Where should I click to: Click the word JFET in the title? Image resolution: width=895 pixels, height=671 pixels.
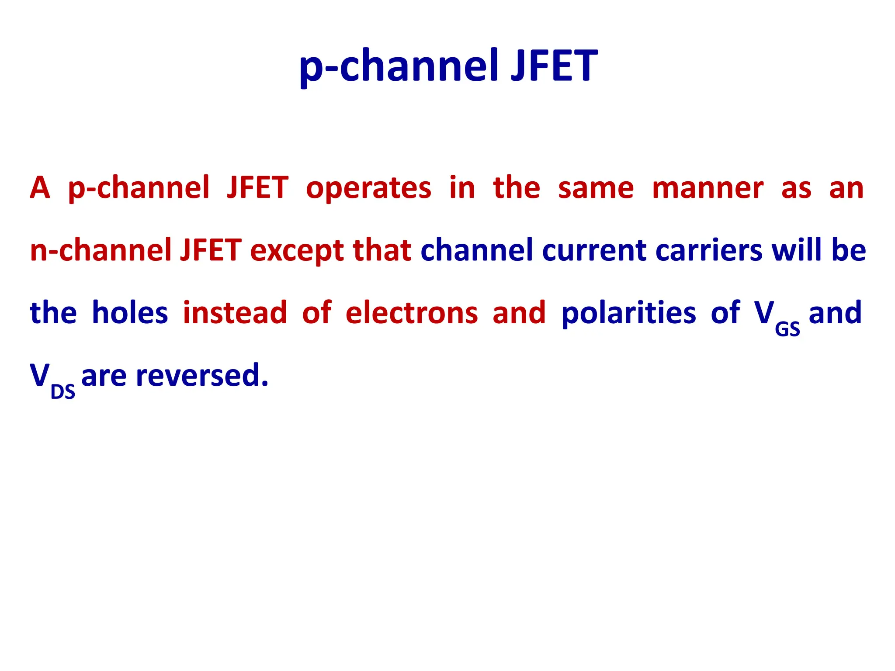click(554, 66)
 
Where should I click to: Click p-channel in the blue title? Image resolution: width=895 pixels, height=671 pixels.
click(398, 66)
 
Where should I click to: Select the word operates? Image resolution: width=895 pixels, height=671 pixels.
click(368, 188)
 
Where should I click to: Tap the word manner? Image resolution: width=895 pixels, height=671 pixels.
click(708, 188)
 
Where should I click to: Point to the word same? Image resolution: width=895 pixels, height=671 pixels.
click(596, 188)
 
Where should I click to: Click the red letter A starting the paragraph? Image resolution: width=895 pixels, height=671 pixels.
click(40, 188)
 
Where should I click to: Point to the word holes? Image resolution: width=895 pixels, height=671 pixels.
click(130, 313)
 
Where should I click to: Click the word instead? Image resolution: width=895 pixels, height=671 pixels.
click(235, 313)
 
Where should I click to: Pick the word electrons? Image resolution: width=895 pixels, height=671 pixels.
click(411, 313)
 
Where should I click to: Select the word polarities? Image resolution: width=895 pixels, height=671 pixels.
click(628, 313)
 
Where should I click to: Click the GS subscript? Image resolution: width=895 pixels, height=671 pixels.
click(787, 330)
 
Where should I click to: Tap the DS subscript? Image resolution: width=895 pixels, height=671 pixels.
click(63, 392)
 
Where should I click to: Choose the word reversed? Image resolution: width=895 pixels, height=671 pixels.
click(202, 376)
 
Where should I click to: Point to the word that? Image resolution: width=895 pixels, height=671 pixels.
click(382, 250)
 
